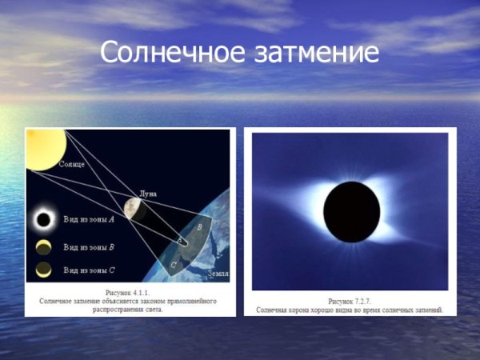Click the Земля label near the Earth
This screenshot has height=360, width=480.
tap(218, 274)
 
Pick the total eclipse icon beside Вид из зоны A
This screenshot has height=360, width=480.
tap(43, 218)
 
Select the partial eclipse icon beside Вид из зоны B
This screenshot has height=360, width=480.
tap(43, 245)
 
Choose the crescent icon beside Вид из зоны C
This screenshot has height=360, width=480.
tap(43, 270)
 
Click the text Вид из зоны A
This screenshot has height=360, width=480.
tap(88, 218)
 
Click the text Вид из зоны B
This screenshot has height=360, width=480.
tap(88, 245)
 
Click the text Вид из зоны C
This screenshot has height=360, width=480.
tap(88, 270)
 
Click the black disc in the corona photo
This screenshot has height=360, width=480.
tap(351, 211)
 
